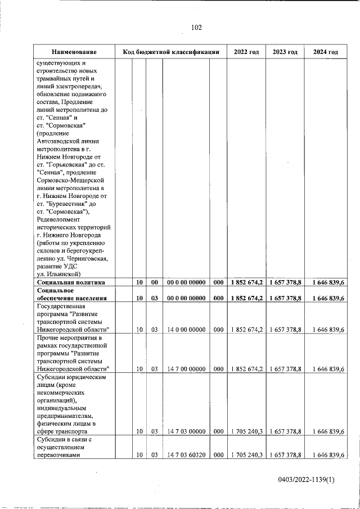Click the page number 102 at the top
[196, 28]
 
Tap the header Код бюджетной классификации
[170, 52]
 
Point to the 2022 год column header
[246, 52]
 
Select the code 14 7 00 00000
[185, 368]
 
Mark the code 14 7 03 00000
[185, 431]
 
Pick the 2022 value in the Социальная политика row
[246, 282]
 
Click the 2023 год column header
[285, 52]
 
